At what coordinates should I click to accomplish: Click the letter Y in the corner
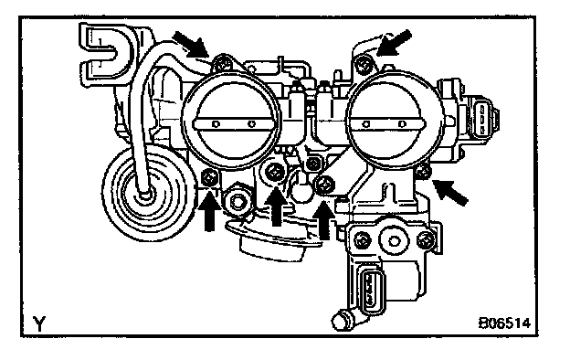[x=39, y=323]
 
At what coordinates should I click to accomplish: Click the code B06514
[x=504, y=323]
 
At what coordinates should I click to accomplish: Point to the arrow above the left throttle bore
[x=191, y=45]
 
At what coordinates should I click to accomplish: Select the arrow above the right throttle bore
[x=394, y=43]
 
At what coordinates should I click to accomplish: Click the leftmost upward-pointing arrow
[x=209, y=210]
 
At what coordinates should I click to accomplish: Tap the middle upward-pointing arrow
[x=277, y=206]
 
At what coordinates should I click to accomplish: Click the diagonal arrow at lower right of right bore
[x=450, y=192]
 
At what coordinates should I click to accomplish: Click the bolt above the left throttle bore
[x=222, y=64]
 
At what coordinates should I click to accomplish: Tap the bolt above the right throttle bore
[x=364, y=66]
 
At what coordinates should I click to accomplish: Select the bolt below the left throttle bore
[x=210, y=178]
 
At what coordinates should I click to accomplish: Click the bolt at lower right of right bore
[x=422, y=171]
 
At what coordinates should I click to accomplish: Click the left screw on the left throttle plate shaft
[x=216, y=124]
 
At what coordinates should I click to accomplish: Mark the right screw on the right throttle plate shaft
[x=401, y=124]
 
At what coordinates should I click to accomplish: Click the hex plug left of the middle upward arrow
[x=237, y=201]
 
